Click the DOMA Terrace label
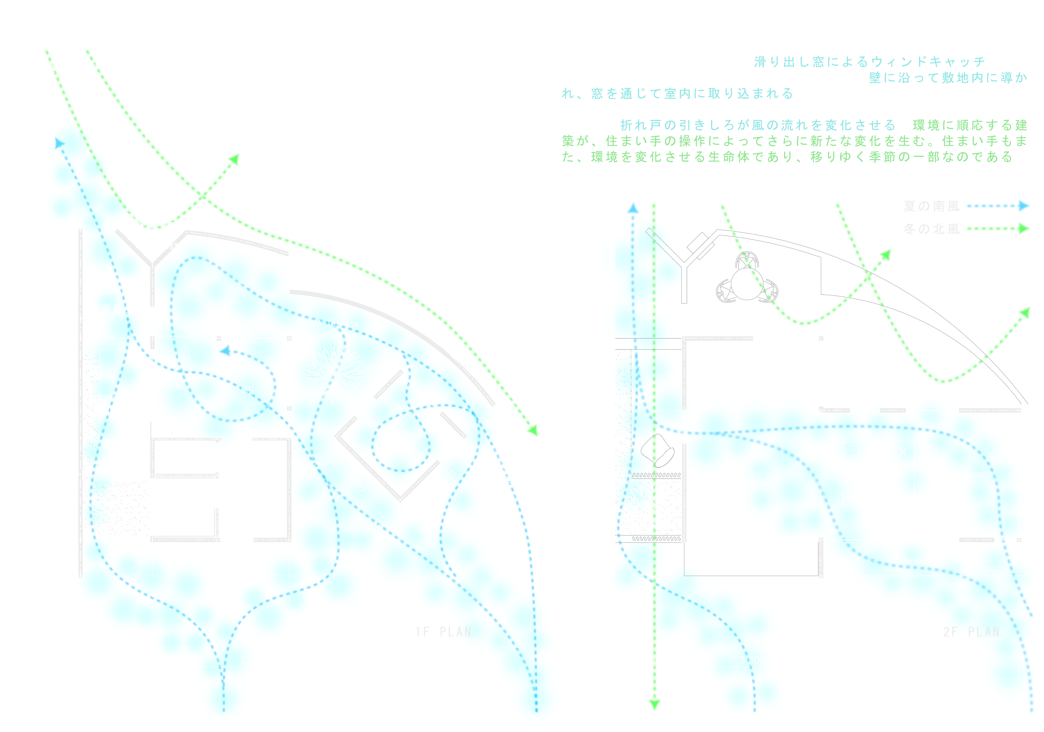pyautogui.click(x=331, y=324)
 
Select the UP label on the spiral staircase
pyautogui.click(x=246, y=390)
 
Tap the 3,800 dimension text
pyautogui.click(x=752, y=660)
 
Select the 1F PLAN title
pyautogui.click(x=443, y=632)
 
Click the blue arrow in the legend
pyautogui.click(x=998, y=206)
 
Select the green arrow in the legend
pyautogui.click(x=998, y=228)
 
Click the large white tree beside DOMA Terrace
pyautogui.click(x=334, y=373)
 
